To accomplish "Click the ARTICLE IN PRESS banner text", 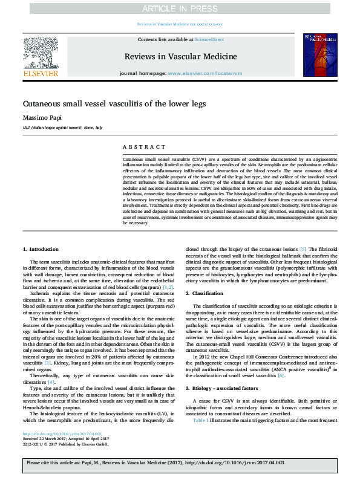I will coord(180,8).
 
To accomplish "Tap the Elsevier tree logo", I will coord(41,53).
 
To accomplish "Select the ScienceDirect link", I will coord(209,39).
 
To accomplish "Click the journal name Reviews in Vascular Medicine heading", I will coord(180,56).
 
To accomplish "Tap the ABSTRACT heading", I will coord(143,146).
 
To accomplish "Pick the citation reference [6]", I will coord(281,358).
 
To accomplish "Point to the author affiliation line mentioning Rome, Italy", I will coord(62,128).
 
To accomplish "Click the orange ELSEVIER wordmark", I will coord(41,74).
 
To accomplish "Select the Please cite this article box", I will coord(180,464).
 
